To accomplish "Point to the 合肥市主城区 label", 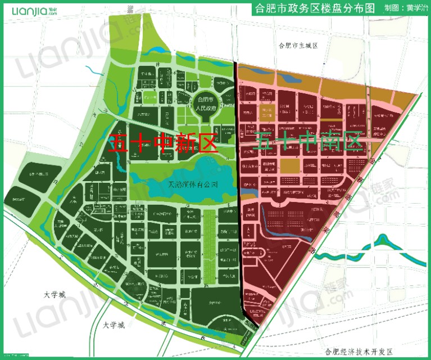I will pyautogui.click(x=298, y=46).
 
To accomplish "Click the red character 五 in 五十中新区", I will pyautogui.click(x=119, y=143).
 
